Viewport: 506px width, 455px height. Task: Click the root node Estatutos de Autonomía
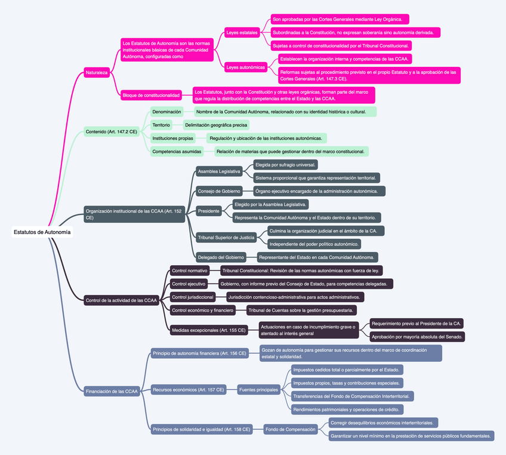pyautogui.click(x=42, y=232)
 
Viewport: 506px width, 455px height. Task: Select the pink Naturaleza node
pyautogui.click(x=97, y=72)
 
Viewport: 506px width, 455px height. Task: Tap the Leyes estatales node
pyautogui.click(x=242, y=32)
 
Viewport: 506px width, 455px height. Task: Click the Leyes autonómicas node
pyautogui.click(x=246, y=67)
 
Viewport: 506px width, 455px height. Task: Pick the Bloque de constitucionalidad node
pyautogui.click(x=151, y=95)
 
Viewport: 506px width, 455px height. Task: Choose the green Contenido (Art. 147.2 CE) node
pyautogui.click(x=112, y=131)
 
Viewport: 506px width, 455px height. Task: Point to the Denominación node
pyautogui.click(x=166, y=112)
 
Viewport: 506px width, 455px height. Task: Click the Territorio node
pyautogui.click(x=161, y=125)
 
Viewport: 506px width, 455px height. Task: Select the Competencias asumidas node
pyautogui.click(x=177, y=152)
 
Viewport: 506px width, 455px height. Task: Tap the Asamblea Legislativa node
pyautogui.click(x=219, y=171)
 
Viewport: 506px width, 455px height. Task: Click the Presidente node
pyautogui.click(x=209, y=211)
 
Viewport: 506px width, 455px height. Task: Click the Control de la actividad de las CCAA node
pyautogui.click(x=121, y=300)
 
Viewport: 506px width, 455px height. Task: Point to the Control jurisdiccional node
pyautogui.click(x=192, y=297)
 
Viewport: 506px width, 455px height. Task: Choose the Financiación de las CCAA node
pyautogui.click(x=112, y=392)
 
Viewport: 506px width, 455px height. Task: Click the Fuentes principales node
pyautogui.click(x=259, y=390)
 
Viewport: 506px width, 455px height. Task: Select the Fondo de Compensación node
pyautogui.click(x=291, y=429)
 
